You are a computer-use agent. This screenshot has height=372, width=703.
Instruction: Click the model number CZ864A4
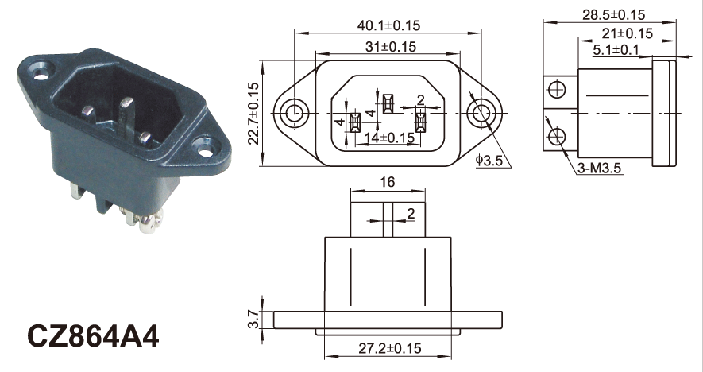point(94,336)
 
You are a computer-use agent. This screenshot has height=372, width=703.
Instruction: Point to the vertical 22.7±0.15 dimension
point(254,112)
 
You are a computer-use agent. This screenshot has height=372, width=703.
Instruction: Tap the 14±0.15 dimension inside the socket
point(389,138)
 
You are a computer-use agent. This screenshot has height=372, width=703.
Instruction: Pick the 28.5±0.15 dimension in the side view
point(613,14)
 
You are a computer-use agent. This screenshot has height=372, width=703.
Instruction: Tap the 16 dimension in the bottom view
point(388,182)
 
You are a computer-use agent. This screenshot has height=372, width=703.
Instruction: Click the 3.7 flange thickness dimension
point(253,320)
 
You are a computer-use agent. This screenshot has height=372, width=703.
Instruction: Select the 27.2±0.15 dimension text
point(388,348)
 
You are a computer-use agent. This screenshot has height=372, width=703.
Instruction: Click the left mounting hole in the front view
point(295,112)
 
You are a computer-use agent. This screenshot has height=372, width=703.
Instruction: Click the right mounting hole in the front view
point(479,112)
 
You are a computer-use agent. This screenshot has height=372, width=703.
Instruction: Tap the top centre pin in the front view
point(387,104)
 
